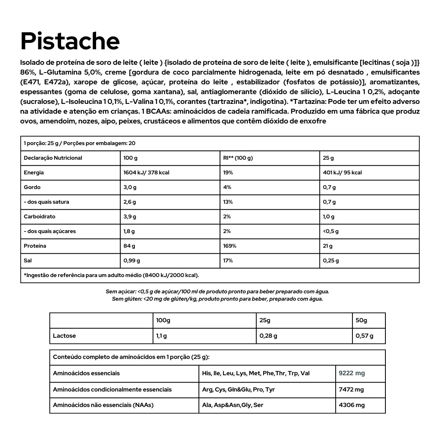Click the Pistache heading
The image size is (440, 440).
[x=70, y=41]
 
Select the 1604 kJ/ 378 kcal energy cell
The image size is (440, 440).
[x=146, y=173]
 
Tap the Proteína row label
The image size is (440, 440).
[x=35, y=246]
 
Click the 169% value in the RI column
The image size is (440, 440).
[x=230, y=246]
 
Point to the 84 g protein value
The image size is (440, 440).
[x=129, y=246]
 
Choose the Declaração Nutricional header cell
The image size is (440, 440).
[x=53, y=158]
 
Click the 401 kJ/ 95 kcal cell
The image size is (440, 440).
[x=342, y=173]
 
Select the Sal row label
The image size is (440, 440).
[x=28, y=261]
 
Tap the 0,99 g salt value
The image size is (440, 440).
[x=132, y=261]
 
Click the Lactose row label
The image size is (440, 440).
[x=64, y=336]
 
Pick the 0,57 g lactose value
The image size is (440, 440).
[x=364, y=336]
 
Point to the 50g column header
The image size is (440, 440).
[x=361, y=321]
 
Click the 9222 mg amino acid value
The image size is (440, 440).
[x=352, y=373]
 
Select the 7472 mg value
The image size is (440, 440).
[x=351, y=389]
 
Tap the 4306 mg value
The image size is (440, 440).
[x=352, y=405]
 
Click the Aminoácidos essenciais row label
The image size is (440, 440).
[x=86, y=373]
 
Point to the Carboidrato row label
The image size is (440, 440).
[x=40, y=217]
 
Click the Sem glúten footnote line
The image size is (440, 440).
[x=217, y=299]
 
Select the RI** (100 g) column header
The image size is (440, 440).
[x=238, y=158]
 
